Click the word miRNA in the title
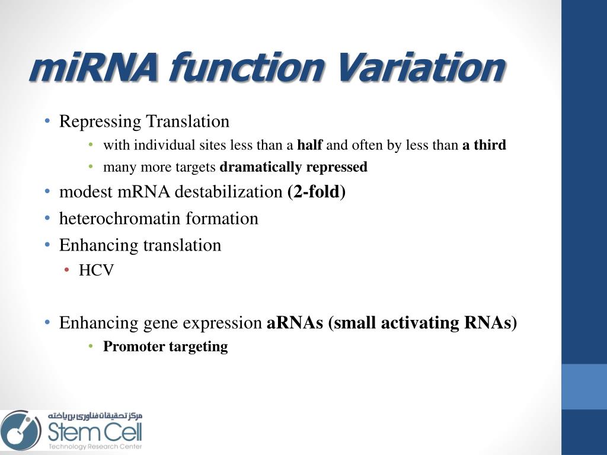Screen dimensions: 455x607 tap(94, 68)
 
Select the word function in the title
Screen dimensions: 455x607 tap(245, 68)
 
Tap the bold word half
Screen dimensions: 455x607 tap(309, 145)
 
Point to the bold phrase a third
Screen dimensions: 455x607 tap(484, 145)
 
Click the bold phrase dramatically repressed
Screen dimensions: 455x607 tap(293, 167)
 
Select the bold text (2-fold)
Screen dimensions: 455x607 tap(316, 192)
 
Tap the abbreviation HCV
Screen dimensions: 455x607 tap(96, 271)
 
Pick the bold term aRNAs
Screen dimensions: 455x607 tap(295, 323)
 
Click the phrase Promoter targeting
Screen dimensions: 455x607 tap(165, 347)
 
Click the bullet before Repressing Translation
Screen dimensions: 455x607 tap(47, 122)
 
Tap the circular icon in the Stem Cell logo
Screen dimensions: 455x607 tap(20, 430)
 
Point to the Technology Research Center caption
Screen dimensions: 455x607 tap(95, 446)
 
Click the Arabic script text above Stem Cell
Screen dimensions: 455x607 tap(95, 416)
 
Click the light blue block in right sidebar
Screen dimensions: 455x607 tap(584, 386)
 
